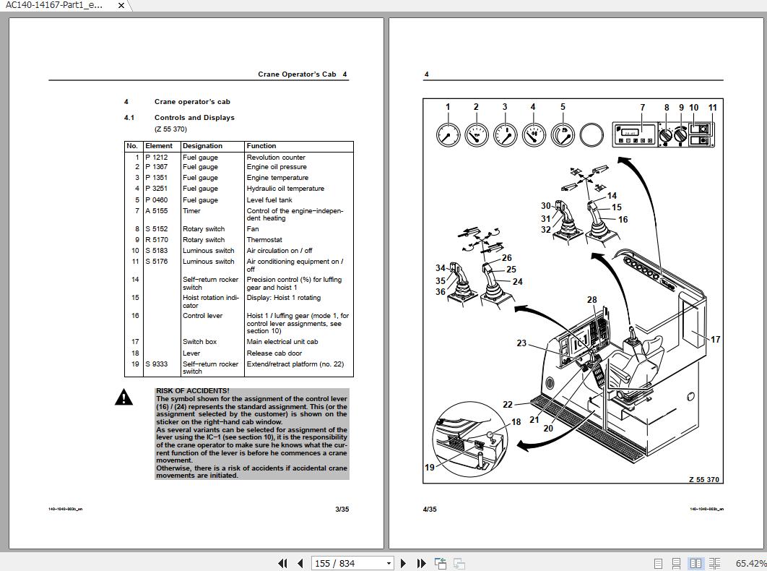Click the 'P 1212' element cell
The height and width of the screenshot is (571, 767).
click(x=156, y=157)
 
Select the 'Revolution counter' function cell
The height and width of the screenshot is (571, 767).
click(x=276, y=157)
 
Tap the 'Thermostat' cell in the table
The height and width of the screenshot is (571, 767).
click(x=264, y=240)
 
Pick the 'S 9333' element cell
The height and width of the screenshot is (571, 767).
click(x=156, y=364)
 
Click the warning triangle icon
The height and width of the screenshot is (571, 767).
click(x=123, y=398)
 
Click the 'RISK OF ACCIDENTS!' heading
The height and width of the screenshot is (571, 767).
click(x=192, y=391)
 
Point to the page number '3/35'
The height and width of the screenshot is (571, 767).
click(x=342, y=510)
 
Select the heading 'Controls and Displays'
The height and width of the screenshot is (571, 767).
click(x=194, y=118)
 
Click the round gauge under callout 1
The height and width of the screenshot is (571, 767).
click(x=448, y=135)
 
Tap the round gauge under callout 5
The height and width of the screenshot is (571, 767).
click(x=563, y=135)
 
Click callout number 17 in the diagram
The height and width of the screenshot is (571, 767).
click(x=715, y=339)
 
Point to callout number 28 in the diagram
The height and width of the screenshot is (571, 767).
click(x=592, y=300)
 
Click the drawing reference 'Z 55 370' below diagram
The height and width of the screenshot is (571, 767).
click(x=703, y=480)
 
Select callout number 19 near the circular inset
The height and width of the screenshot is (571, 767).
click(x=430, y=468)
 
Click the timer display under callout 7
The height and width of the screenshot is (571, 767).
click(x=630, y=133)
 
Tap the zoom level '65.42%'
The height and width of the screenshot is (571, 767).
click(x=750, y=563)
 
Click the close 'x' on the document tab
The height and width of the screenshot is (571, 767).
click(x=121, y=5)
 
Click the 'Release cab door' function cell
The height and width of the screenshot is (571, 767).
click(x=273, y=353)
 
